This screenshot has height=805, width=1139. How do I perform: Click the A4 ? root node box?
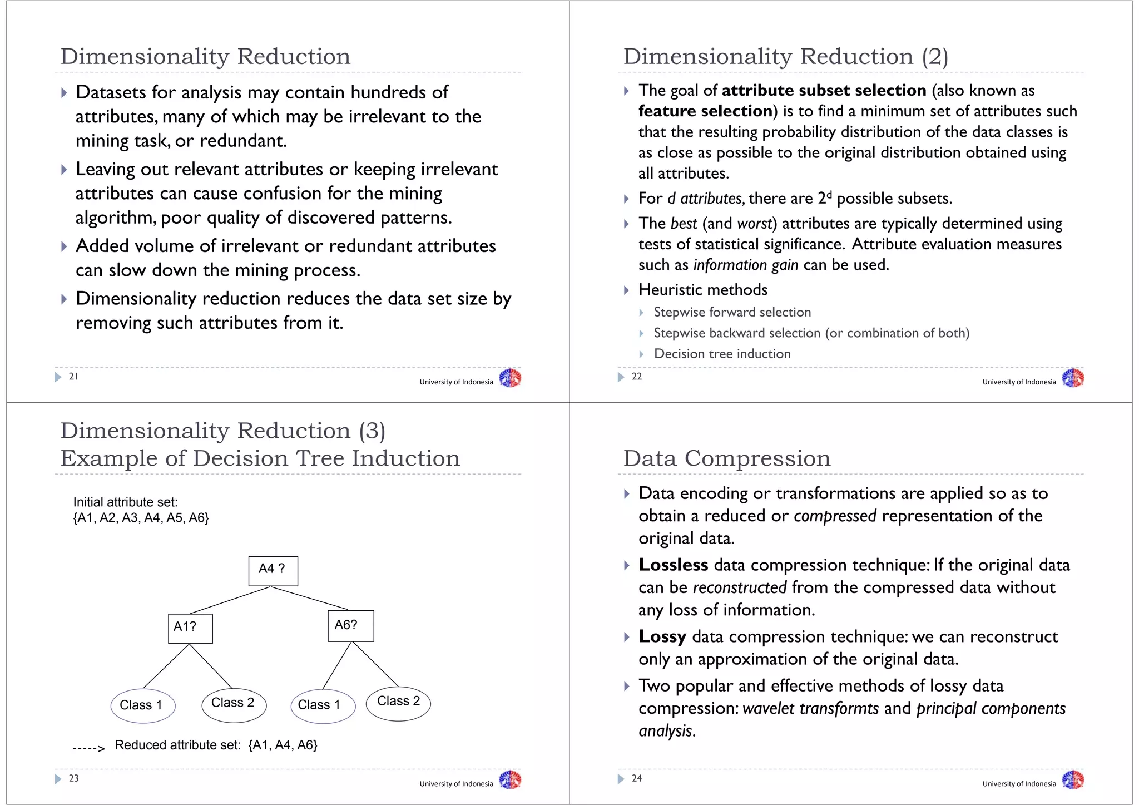point(273,571)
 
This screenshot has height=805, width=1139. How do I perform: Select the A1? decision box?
point(190,629)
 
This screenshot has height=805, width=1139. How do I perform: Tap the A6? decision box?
point(350,626)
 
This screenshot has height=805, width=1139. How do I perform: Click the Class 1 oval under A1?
point(143,705)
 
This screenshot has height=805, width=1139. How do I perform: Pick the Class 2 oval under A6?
point(398,703)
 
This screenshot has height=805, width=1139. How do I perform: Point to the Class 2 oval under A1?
point(234,704)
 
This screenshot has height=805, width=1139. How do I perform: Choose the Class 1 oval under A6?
point(323,705)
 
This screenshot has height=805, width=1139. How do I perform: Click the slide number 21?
point(73,377)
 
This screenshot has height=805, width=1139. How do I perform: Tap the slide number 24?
point(637,778)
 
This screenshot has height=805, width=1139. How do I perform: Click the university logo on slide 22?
point(1073,378)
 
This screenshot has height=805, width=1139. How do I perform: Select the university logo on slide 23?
point(510,780)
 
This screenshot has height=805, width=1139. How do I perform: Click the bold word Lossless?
point(673,565)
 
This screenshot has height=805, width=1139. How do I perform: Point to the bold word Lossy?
point(662,636)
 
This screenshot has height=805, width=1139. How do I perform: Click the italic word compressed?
point(835,516)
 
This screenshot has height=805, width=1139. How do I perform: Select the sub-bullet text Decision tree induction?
point(722,354)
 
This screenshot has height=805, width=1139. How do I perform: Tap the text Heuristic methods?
point(703,290)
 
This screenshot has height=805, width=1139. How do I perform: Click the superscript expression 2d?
point(825,197)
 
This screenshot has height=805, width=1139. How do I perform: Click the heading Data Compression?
point(727,458)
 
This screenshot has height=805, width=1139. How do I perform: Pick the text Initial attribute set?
point(126,502)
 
